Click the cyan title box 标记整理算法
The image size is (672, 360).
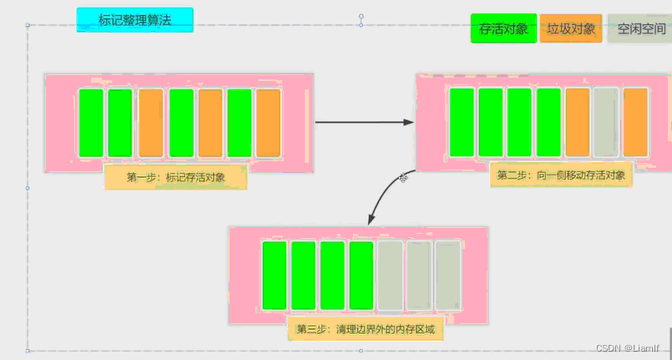tap(134, 20)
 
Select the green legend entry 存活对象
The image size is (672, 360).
tap(503, 28)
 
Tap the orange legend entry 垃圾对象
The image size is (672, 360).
tap(572, 28)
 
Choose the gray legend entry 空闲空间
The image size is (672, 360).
tap(640, 28)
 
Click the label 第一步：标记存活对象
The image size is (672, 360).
tap(175, 177)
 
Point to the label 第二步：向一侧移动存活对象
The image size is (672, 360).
tap(560, 175)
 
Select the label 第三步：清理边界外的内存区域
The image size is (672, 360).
tap(366, 329)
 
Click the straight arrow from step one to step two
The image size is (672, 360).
tap(364, 122)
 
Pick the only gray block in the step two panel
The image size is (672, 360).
tap(606, 123)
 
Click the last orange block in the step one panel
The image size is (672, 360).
tap(268, 123)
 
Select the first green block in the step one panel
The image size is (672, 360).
tap(90, 123)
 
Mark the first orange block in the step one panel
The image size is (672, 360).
tap(150, 123)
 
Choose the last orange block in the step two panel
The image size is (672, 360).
tap(635, 123)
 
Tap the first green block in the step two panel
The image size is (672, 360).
tap(461, 123)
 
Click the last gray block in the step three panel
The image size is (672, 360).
tap(448, 276)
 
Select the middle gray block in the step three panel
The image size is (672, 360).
tap(419, 276)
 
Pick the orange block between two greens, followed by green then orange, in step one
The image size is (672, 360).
tap(210, 123)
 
